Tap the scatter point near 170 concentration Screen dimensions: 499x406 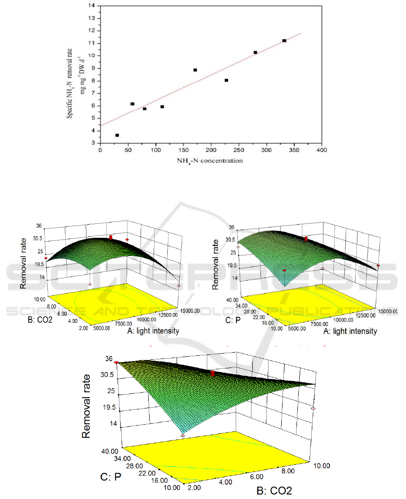(x=195, y=70)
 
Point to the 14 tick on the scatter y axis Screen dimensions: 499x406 (x=93, y=6)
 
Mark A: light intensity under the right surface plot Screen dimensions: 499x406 (x=347, y=331)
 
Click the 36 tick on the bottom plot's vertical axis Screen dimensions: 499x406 (x=108, y=359)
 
